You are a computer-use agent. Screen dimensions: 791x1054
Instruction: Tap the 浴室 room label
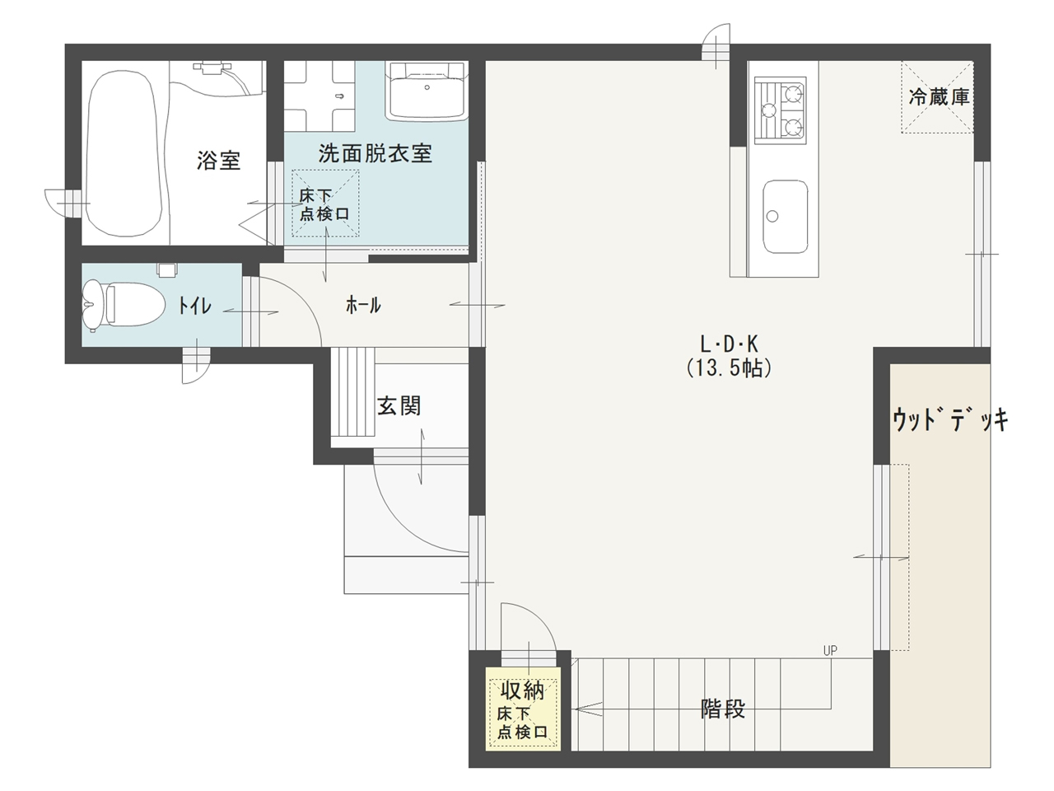(x=218, y=160)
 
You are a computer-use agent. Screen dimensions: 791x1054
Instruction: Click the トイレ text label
(x=194, y=307)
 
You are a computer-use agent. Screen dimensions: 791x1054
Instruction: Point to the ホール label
(x=363, y=306)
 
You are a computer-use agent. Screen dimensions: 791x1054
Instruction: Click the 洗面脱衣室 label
(x=375, y=152)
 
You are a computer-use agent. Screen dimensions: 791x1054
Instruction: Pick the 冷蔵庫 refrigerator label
(x=939, y=96)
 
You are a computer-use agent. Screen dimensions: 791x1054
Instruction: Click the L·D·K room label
(x=728, y=344)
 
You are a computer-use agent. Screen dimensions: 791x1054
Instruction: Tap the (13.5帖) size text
(x=729, y=368)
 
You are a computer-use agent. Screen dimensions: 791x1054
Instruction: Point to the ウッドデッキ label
(x=949, y=420)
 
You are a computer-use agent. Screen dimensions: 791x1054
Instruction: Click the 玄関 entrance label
(x=399, y=405)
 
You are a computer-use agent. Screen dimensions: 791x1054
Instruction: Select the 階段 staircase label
(x=723, y=708)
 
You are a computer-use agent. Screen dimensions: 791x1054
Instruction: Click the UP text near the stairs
(x=829, y=650)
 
